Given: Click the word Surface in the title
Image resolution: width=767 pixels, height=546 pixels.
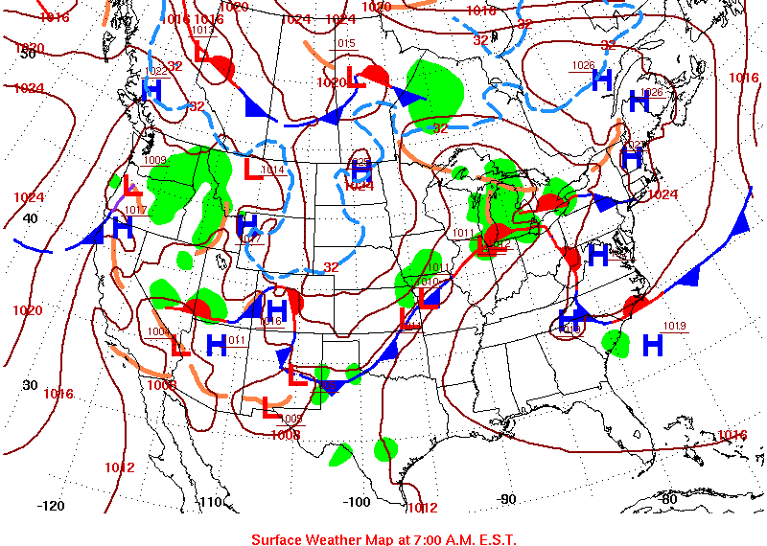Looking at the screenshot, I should [x=278, y=539].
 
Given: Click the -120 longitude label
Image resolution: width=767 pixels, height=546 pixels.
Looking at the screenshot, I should [x=50, y=506].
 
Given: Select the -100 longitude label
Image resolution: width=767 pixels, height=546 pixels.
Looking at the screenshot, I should [x=356, y=502].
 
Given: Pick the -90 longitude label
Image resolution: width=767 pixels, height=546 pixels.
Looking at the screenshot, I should [x=505, y=499].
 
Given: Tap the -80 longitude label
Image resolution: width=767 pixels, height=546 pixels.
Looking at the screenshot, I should [x=667, y=499].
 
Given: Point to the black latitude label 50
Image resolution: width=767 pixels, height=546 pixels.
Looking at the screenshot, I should [x=28, y=54].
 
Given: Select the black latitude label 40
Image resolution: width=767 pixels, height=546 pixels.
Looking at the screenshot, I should [x=30, y=218].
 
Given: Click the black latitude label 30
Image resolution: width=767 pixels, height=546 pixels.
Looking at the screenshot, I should [x=30, y=385].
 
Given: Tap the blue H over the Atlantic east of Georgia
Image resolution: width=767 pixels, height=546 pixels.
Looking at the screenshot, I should [x=653, y=343].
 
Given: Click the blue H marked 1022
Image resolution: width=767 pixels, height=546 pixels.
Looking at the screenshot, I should [x=151, y=88].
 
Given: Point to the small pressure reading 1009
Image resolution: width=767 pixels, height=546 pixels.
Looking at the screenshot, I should [x=155, y=160].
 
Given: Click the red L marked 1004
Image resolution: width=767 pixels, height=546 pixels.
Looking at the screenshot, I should [x=179, y=345].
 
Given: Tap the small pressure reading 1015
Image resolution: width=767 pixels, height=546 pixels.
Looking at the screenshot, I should [x=345, y=44].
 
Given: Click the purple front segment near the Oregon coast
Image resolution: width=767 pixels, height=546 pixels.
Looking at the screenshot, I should [x=119, y=204].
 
